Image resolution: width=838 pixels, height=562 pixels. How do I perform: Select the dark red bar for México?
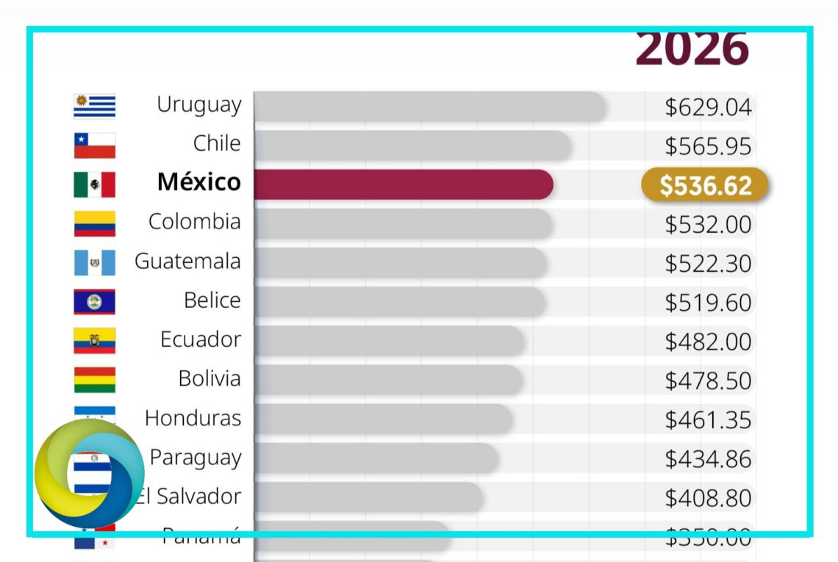tap(403, 184)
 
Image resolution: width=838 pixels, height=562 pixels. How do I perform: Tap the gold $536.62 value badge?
tap(705, 185)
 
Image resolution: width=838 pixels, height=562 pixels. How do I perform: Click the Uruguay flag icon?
tap(95, 107)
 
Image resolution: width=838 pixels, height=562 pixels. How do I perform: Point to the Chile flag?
tap(95, 145)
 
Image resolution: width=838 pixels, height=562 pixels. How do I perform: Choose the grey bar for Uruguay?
tap(430, 107)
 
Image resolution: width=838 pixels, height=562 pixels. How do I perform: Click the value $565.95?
tap(708, 146)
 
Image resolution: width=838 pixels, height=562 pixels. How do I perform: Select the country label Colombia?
tap(194, 222)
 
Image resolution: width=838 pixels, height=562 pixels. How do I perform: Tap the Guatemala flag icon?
tap(95, 262)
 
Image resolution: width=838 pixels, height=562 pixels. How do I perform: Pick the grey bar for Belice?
tap(400, 302)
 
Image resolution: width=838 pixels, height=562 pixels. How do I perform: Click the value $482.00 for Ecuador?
tap(708, 342)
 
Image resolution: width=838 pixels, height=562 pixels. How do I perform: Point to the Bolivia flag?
tap(95, 380)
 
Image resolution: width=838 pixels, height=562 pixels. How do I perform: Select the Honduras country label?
tap(193, 418)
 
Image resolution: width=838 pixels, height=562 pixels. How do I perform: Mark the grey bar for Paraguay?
tap(376, 458)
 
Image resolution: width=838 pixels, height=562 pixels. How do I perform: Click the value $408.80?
tap(708, 498)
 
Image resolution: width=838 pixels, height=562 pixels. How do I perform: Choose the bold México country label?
tap(198, 182)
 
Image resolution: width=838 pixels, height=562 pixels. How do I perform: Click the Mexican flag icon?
tap(95, 184)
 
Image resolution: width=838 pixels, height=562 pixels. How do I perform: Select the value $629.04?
tap(708, 107)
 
